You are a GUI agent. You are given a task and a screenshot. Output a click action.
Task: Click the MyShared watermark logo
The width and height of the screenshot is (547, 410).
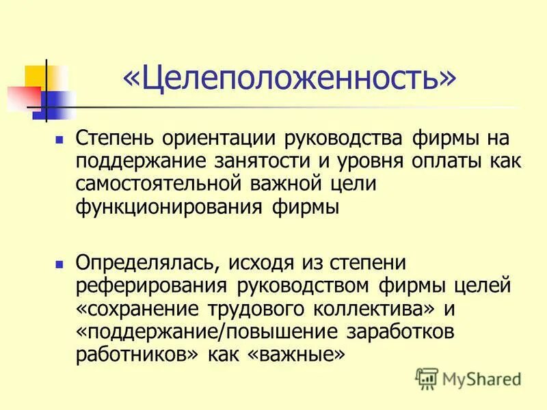(468, 378)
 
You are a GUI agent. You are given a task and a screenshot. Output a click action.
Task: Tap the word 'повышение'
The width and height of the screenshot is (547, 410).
(286, 331)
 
